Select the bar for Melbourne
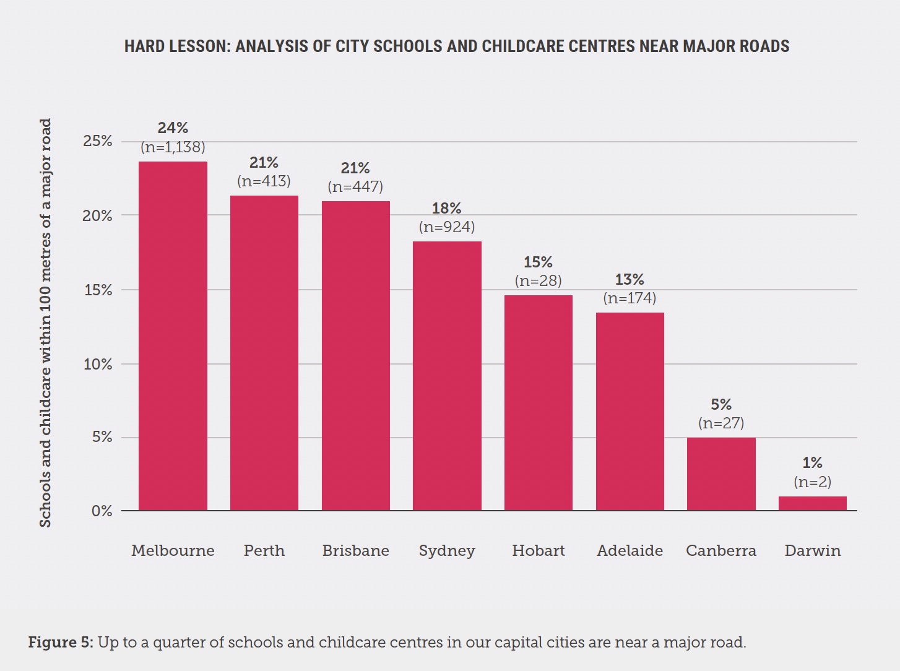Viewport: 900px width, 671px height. click(x=173, y=336)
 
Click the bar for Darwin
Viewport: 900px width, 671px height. click(x=812, y=503)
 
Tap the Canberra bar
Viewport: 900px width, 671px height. click(x=721, y=474)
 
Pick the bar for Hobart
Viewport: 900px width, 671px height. click(x=538, y=403)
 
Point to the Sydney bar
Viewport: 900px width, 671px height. click(x=447, y=376)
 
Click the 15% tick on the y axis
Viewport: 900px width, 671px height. click(x=98, y=290)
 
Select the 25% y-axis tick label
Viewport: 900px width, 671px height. click(x=98, y=141)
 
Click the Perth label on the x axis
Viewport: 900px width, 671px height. click(x=264, y=550)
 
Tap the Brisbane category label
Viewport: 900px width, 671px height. click(x=355, y=550)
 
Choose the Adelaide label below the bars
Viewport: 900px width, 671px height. click(x=630, y=550)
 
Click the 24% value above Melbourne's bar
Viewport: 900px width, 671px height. click(x=173, y=128)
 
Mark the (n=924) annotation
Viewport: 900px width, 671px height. click(x=447, y=227)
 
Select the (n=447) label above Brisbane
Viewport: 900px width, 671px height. click(x=355, y=187)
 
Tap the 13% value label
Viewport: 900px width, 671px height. click(x=630, y=280)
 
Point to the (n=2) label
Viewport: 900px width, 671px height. click(x=812, y=482)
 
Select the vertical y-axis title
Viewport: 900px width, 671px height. click(x=45, y=323)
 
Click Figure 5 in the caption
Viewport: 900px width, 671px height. click(x=60, y=643)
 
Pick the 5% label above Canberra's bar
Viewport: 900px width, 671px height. click(x=721, y=405)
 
